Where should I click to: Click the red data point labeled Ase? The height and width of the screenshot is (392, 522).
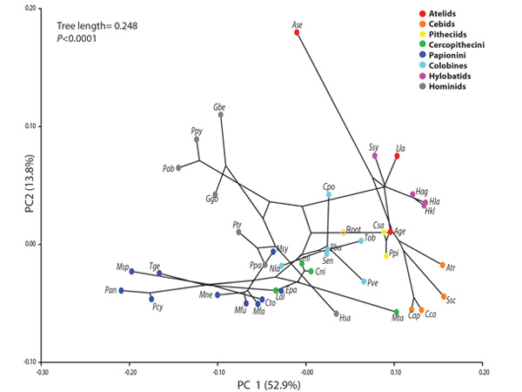(x=297, y=32)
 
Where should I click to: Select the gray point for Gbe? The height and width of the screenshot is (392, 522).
(x=221, y=114)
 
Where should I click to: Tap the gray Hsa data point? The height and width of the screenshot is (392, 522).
(x=336, y=314)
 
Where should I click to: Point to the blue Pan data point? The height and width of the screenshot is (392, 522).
(x=121, y=290)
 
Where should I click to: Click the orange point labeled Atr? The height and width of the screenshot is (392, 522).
(x=442, y=265)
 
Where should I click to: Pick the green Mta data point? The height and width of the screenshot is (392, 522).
(x=397, y=312)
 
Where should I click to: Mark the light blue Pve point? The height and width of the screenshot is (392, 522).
(x=364, y=281)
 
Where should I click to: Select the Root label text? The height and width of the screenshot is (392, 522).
(x=353, y=229)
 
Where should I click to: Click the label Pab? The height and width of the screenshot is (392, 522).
(x=169, y=168)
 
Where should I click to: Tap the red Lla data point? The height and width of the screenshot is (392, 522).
(x=396, y=156)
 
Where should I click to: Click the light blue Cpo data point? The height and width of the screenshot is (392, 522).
(x=329, y=194)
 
